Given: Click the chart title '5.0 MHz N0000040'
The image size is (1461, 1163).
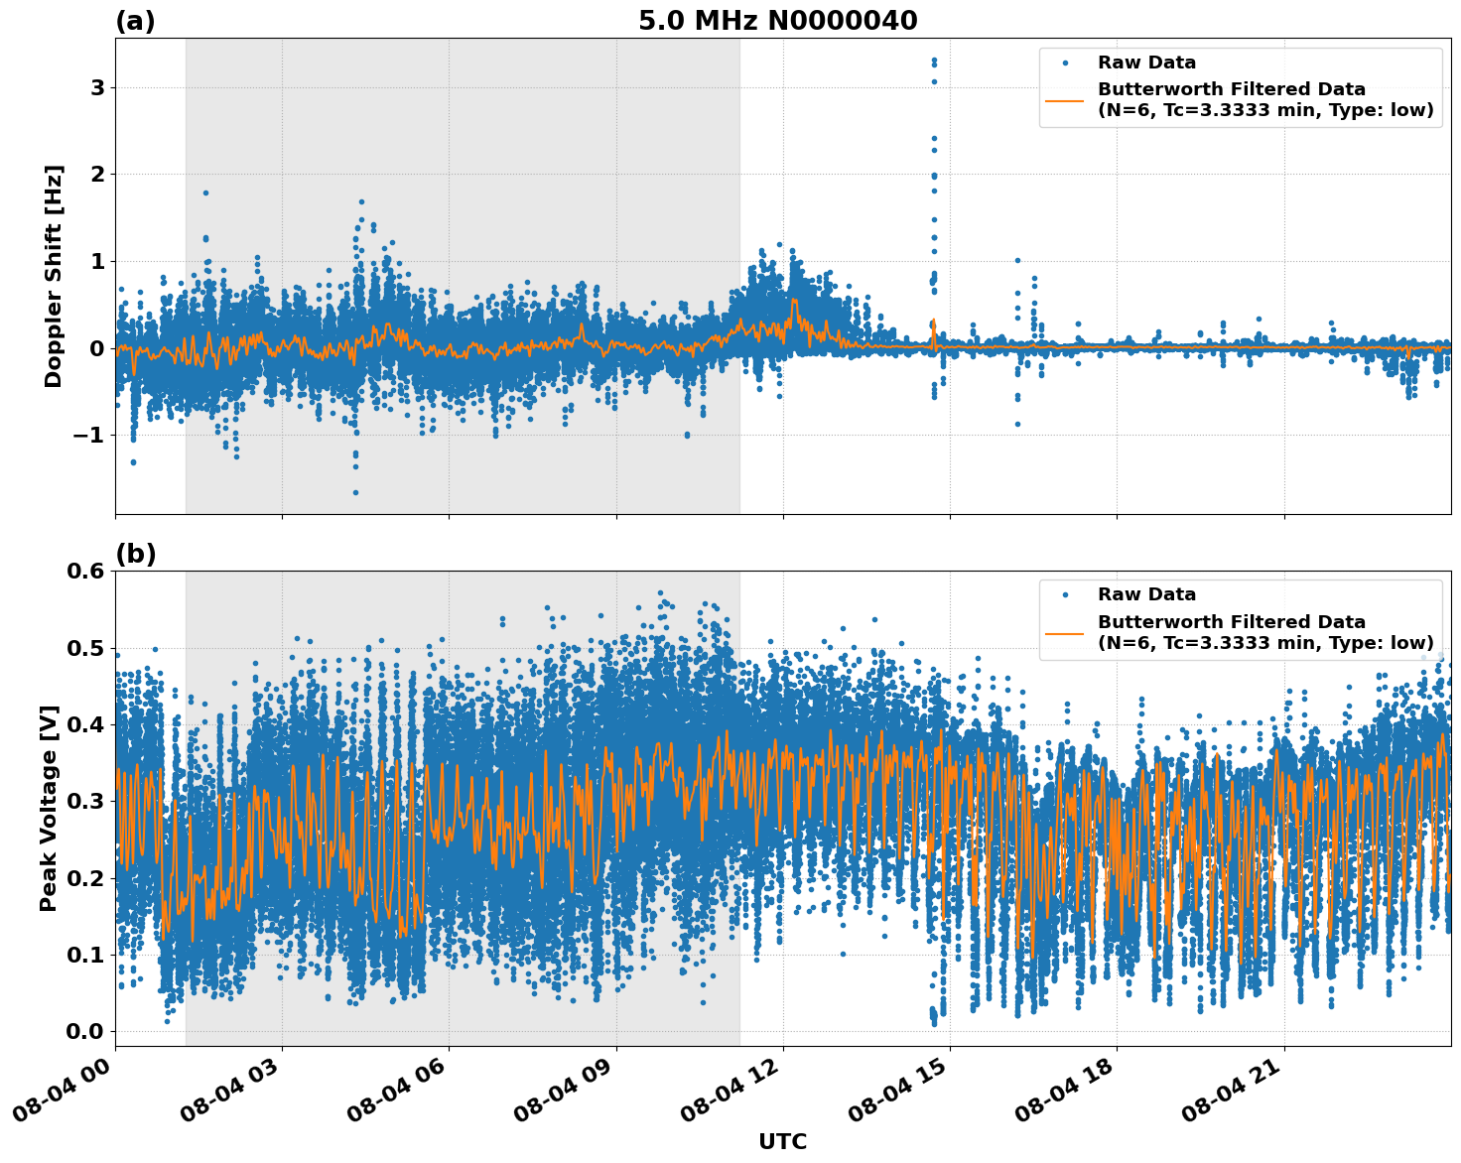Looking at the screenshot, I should click(777, 21).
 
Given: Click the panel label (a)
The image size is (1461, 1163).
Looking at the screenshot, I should click(135, 21).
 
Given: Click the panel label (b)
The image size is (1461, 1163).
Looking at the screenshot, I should click(135, 554).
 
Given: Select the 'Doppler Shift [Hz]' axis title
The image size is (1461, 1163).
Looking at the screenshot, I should click(54, 276).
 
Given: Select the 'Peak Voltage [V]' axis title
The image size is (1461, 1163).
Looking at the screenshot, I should click(49, 808).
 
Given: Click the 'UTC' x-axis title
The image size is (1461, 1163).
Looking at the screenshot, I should click(782, 1141).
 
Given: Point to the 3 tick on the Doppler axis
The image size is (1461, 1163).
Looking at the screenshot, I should click(97, 87).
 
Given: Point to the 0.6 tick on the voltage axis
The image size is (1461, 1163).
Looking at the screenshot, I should click(85, 571).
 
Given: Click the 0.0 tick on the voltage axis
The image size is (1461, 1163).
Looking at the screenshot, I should click(85, 1032).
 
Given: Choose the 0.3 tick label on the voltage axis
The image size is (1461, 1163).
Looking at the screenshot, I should click(85, 801).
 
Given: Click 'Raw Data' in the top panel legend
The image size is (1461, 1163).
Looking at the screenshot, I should click(1146, 63).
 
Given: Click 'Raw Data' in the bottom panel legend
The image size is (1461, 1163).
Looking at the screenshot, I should click(1146, 594).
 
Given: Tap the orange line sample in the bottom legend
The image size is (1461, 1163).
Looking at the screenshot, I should click(1065, 632).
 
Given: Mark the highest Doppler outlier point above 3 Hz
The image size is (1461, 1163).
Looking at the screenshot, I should click(934, 61).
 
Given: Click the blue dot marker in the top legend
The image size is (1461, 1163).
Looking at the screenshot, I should click(1065, 63).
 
